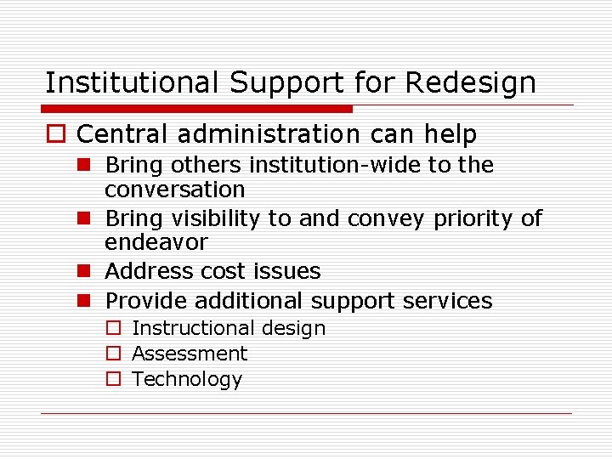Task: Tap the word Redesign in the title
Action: [471, 83]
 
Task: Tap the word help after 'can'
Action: [448, 134]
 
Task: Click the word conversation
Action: [174, 189]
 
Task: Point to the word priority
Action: [473, 218]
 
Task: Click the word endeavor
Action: [156, 242]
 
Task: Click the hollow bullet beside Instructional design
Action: [113, 329]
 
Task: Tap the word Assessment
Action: [190, 354]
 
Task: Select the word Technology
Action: [187, 379]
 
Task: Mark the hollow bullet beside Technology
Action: [113, 380]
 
